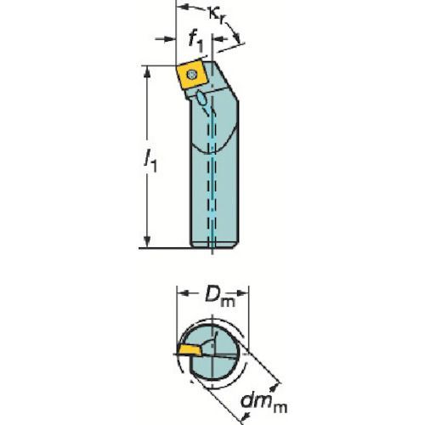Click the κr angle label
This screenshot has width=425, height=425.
tap(218, 14)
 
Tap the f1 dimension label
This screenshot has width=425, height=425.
tap(195, 42)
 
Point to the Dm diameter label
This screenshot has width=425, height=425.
tap(219, 297)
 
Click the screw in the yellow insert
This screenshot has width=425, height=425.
tap(192, 75)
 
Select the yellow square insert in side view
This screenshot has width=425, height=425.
tap(191, 76)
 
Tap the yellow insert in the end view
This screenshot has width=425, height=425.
tap(190, 350)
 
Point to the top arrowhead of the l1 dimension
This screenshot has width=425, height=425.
tap(147, 72)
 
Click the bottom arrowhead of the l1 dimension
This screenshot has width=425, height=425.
tap(147, 241)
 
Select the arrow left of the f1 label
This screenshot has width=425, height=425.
tap(165, 39)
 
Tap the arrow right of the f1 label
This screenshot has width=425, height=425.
tap(221, 39)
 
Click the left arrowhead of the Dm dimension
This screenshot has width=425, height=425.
tap(184, 293)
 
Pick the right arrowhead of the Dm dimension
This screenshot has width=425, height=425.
tap(242, 293)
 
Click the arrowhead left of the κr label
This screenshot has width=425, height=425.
tap(183, 6)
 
